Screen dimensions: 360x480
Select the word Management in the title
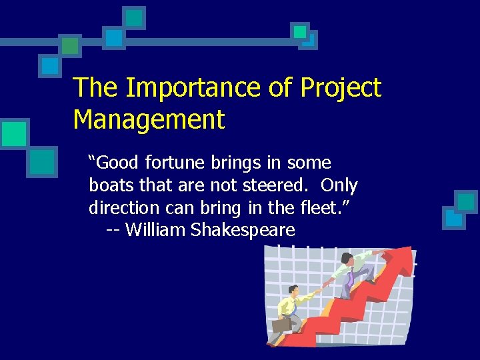click(149, 120)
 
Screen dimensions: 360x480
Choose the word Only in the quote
click(339, 185)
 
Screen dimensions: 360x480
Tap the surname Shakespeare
click(243, 231)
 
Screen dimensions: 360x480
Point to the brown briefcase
click(280, 326)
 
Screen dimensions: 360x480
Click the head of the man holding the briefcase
click(293, 291)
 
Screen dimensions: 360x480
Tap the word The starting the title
click(95, 88)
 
